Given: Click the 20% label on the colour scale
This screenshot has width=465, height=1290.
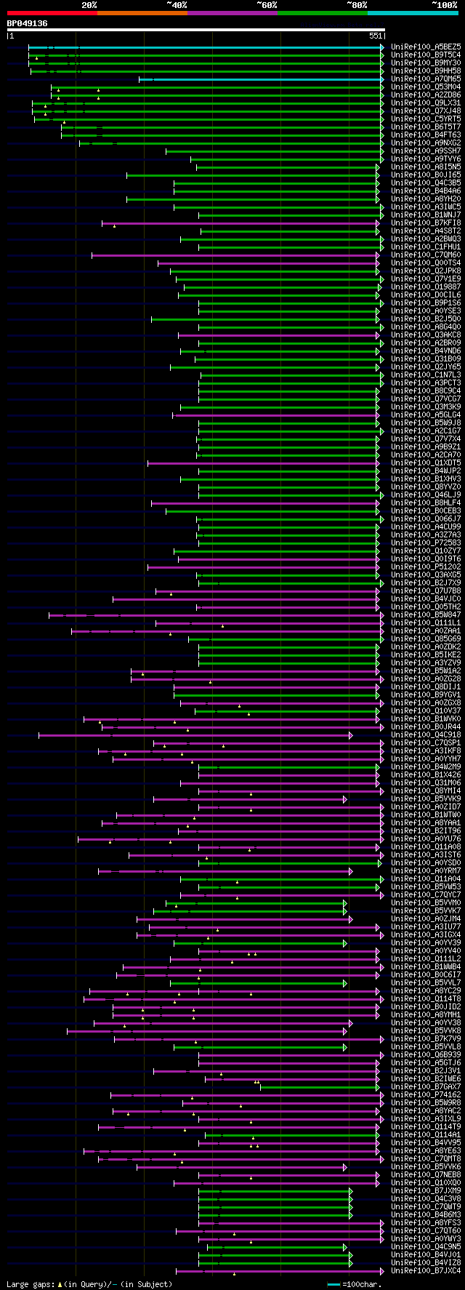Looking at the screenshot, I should [89, 5].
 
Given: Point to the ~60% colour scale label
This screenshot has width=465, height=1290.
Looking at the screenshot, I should [267, 5].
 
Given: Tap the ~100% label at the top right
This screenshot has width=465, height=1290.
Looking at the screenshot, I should [444, 5].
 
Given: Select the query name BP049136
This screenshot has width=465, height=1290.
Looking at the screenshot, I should [27, 23].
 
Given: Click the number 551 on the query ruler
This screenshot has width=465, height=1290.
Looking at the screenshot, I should [375, 36].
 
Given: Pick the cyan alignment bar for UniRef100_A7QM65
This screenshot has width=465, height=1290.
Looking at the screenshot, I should [262, 79].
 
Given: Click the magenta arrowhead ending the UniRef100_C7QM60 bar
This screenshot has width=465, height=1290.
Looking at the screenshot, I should [378, 255].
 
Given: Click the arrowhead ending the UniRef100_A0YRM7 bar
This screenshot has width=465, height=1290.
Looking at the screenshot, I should [350, 871].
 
